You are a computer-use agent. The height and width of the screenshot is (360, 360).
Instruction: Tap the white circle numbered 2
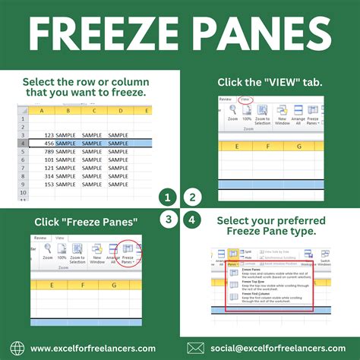click(x=192, y=198)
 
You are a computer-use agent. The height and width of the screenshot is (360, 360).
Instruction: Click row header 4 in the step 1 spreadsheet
click(x=24, y=142)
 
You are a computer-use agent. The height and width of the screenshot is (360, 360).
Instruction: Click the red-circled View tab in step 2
click(x=244, y=99)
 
